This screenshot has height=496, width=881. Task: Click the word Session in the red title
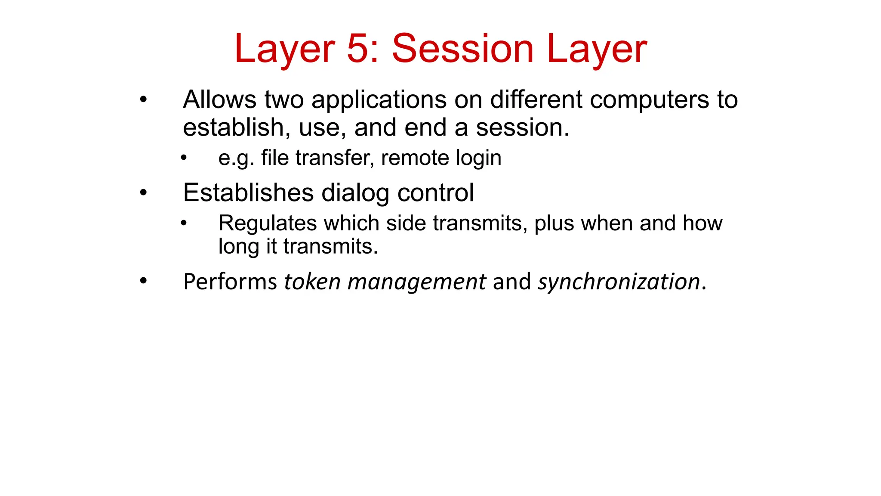pos(462,49)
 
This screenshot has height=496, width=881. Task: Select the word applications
pos(379,100)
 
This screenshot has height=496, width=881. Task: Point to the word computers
pos(649,100)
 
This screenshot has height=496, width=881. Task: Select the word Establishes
pos(248,192)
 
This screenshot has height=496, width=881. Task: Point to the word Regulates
pos(268,224)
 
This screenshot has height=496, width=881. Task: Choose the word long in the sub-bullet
pos(239,247)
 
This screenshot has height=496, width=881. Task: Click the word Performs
pos(230,282)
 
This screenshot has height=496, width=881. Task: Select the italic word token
pos(312,282)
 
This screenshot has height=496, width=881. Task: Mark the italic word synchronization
pos(619,282)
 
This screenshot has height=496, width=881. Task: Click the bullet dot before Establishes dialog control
pos(143,192)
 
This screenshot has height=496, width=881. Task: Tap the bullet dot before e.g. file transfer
pos(184,158)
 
